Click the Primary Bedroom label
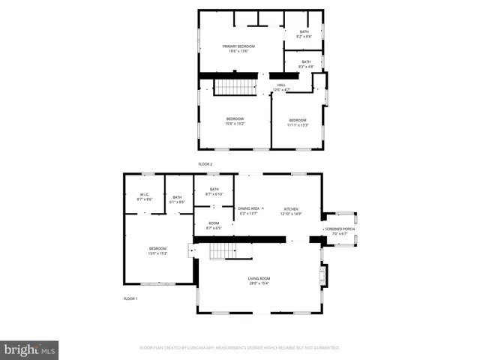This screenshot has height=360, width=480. click(x=235, y=49)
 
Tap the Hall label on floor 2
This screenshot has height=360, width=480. click(x=282, y=87)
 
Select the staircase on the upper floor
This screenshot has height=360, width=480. click(x=236, y=87)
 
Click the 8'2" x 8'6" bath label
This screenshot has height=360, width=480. click(x=304, y=34)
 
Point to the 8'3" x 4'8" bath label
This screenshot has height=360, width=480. click(x=306, y=64)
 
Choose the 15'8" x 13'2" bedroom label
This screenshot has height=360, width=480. click(x=235, y=121)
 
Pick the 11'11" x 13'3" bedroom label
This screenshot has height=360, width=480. click(x=298, y=122)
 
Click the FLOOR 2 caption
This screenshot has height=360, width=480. click(x=205, y=163)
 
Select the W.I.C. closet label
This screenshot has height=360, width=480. click(x=145, y=197)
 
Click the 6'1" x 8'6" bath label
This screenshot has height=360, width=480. click(x=177, y=199)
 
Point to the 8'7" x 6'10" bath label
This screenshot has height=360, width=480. click(x=214, y=192)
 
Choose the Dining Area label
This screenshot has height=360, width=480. click(x=248, y=211)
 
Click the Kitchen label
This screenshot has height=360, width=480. click(x=291, y=211)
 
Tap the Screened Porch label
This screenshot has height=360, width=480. click(x=339, y=231)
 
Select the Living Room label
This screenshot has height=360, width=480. click(x=259, y=281)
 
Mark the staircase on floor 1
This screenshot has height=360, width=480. click(x=223, y=251)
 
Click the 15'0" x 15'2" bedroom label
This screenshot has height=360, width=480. click(x=157, y=250)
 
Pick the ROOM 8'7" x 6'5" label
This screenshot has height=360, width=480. click(x=214, y=225)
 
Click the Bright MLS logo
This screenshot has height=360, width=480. click(x=30, y=349)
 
